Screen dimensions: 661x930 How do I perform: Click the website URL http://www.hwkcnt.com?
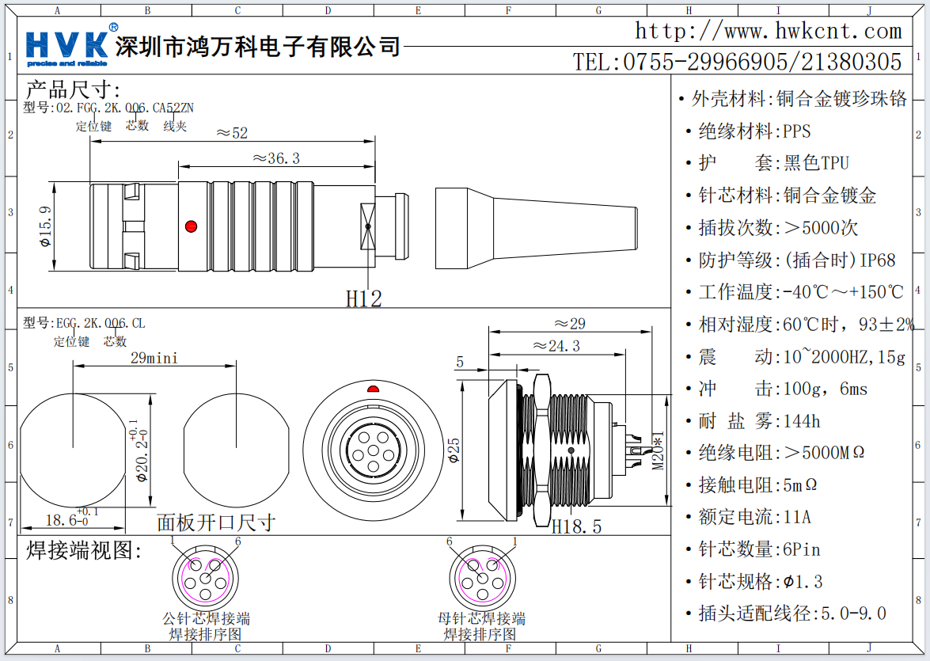[x=768, y=32]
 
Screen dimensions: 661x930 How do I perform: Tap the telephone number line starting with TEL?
[x=737, y=62]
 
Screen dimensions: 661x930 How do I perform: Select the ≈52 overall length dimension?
[x=232, y=133]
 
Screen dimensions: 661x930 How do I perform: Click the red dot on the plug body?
[x=190, y=226]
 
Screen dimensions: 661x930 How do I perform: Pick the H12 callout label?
[x=364, y=298]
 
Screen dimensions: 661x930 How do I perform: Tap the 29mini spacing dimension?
[x=154, y=358]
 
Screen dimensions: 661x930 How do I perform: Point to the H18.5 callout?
[x=576, y=526]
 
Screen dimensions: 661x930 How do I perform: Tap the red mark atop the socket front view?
[x=373, y=389]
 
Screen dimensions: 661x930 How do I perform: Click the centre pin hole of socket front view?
[x=373, y=453]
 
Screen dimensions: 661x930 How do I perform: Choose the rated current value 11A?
[x=797, y=517]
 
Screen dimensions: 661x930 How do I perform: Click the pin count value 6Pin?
[x=802, y=549]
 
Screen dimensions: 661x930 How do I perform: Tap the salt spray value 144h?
[x=802, y=420]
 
